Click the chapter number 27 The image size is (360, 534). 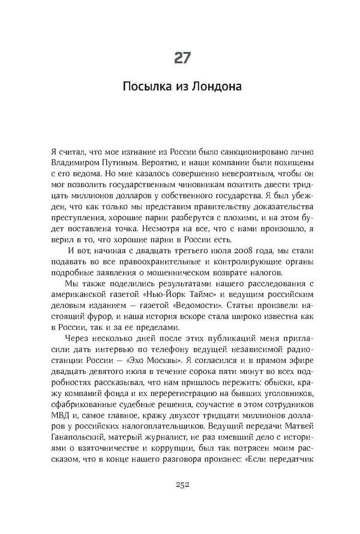click(x=182, y=58)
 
